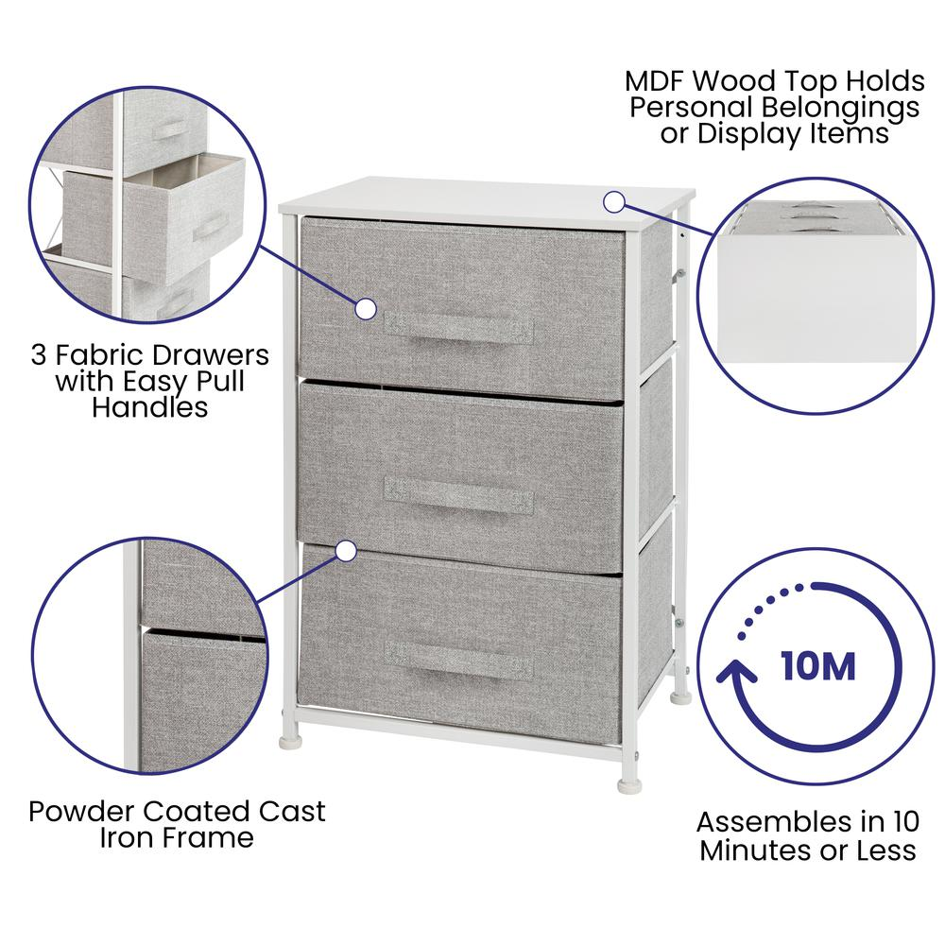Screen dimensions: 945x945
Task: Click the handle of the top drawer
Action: click(x=458, y=329)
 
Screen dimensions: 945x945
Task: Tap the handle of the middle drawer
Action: click(x=458, y=495)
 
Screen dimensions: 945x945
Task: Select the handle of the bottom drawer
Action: click(x=458, y=660)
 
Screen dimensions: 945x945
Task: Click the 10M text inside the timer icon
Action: click(x=817, y=666)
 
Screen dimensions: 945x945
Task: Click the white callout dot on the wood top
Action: click(x=613, y=202)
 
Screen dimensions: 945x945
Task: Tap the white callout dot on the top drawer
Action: click(x=365, y=309)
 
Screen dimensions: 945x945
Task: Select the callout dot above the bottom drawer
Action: click(x=346, y=551)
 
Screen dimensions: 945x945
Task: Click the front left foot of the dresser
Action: click(x=289, y=740)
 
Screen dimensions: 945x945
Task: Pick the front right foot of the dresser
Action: click(x=628, y=784)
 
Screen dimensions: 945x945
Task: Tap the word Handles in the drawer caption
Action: click(x=150, y=407)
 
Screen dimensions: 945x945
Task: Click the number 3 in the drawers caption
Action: click(x=39, y=355)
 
